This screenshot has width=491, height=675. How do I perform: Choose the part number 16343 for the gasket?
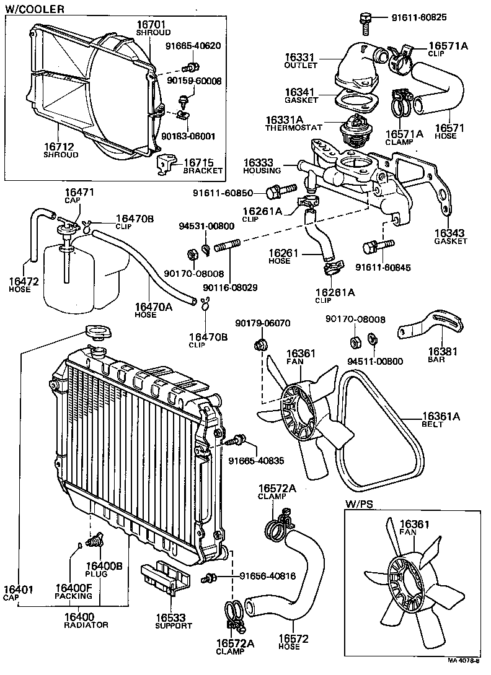point(451,232)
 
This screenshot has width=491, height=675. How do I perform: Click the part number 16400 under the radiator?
point(77,616)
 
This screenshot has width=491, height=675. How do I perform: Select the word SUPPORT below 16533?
point(174,625)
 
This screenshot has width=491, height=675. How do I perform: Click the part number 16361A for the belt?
point(441,416)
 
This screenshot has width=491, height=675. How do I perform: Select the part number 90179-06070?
point(263,323)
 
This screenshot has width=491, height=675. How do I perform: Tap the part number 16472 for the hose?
point(24,282)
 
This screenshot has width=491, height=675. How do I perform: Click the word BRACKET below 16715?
point(203,170)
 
